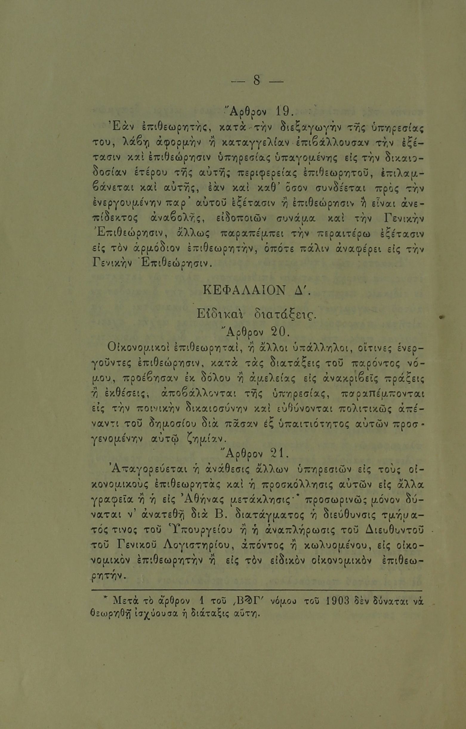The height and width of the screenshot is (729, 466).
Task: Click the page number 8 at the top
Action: [x=256, y=81]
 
